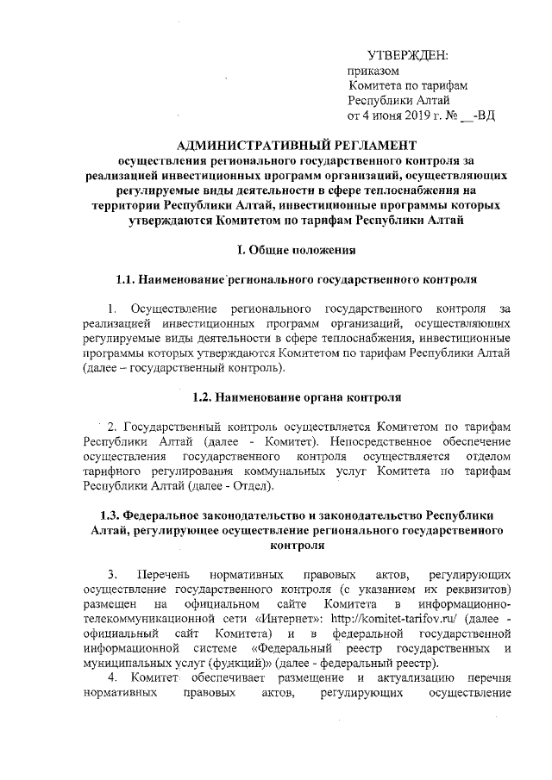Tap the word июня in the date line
[380, 115]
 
